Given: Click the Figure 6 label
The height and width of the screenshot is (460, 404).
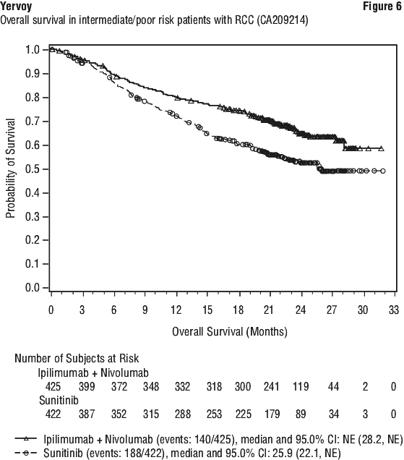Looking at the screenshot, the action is pyautogui.click(x=382, y=7).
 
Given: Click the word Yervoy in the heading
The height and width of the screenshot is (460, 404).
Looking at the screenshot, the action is pyautogui.click(x=16, y=6).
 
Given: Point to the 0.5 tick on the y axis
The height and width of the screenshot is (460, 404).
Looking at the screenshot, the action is pyautogui.click(x=46, y=169).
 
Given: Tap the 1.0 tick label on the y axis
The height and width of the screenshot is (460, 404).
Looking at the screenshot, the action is pyautogui.click(x=33, y=50).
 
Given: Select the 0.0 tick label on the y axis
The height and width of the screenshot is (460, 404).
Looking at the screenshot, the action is pyautogui.click(x=33, y=288).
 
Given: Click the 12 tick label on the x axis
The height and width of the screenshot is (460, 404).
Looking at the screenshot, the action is pyautogui.click(x=176, y=310).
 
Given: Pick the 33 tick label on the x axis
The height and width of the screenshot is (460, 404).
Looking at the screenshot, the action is pyautogui.click(x=394, y=310).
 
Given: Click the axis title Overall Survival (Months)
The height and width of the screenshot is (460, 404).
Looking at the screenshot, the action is pyautogui.click(x=230, y=332).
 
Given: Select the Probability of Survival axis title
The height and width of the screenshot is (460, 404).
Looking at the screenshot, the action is pyautogui.click(x=11, y=169).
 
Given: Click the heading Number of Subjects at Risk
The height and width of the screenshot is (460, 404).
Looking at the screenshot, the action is pyautogui.click(x=77, y=359).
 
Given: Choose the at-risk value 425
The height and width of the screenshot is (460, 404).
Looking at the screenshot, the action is pyautogui.click(x=53, y=387).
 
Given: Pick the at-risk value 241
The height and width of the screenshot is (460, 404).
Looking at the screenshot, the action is pyautogui.click(x=271, y=387).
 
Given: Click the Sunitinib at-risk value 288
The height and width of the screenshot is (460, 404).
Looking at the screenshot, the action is pyautogui.click(x=182, y=414).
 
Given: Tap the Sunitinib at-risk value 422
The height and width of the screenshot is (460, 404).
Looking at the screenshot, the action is pyautogui.click(x=53, y=414).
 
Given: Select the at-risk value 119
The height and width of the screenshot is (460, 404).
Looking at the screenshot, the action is pyautogui.click(x=301, y=387).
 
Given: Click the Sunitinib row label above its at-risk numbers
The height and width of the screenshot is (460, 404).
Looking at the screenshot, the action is pyautogui.click(x=59, y=400).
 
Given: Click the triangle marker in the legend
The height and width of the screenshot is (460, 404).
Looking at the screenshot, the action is pyautogui.click(x=26, y=438).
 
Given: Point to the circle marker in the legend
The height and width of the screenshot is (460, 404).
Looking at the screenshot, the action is pyautogui.click(x=26, y=453).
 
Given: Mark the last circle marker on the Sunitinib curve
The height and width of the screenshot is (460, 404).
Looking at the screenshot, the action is pyautogui.click(x=383, y=171).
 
